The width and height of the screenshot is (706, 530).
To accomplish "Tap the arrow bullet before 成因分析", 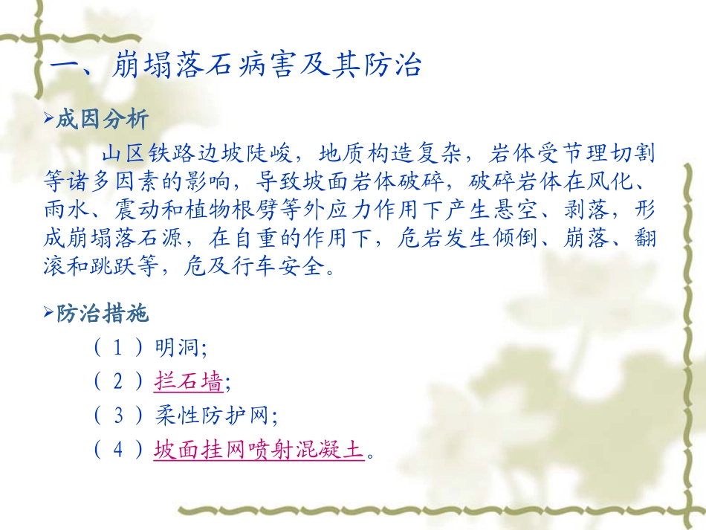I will [x=49, y=120].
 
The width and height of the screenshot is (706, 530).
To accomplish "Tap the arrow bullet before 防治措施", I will [x=49, y=314].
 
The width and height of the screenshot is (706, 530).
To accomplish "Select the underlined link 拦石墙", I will [x=188, y=382].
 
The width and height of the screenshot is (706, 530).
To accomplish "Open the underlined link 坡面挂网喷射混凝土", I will [x=259, y=450].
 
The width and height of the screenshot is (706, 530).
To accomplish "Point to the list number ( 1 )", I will [x=119, y=348].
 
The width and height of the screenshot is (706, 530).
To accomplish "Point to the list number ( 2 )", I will [x=119, y=382].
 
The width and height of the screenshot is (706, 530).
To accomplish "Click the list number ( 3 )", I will [x=119, y=416].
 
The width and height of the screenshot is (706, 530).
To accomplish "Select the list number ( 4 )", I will [x=119, y=450].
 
